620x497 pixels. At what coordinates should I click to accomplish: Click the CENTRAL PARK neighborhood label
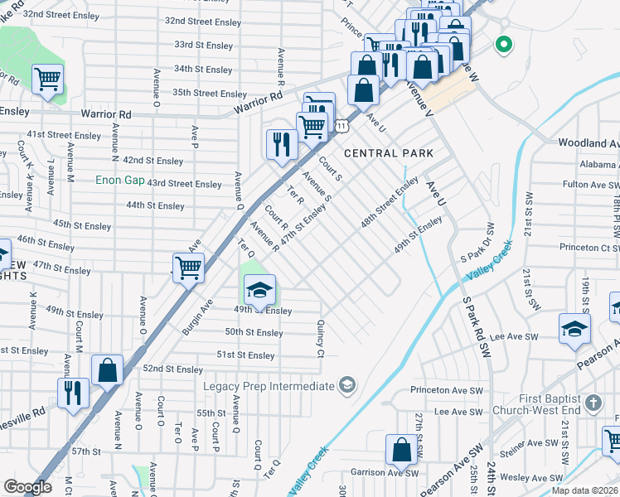click(389, 153)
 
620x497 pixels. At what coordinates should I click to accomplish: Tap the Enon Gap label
click(121, 180)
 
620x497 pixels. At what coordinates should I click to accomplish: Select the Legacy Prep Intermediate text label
click(269, 386)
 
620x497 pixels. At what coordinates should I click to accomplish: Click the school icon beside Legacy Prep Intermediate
click(346, 386)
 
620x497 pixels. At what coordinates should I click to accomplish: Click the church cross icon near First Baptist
click(592, 403)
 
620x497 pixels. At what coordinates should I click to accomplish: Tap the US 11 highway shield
click(341, 124)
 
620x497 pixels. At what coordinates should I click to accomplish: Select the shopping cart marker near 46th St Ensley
click(189, 267)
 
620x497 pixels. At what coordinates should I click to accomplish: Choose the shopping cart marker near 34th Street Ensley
click(48, 80)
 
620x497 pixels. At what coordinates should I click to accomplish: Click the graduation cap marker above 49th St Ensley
click(259, 289)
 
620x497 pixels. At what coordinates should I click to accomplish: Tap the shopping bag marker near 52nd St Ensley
click(108, 369)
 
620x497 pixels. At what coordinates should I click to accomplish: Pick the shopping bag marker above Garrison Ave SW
click(401, 451)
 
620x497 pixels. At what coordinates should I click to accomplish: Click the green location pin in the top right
click(501, 45)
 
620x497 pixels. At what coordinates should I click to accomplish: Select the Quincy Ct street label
click(320, 340)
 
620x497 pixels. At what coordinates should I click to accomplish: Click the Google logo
click(27, 487)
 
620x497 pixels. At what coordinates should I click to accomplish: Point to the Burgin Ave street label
click(196, 315)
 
